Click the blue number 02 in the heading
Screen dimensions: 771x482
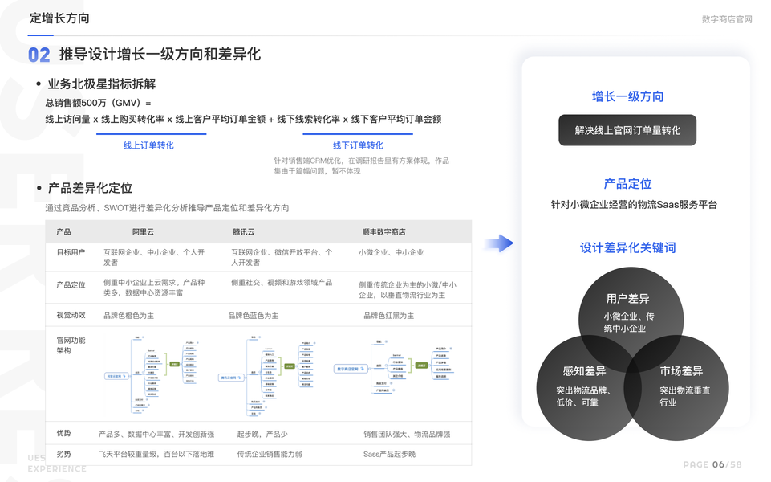39,55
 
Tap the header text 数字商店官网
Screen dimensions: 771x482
727,19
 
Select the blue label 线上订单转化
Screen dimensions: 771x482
148,145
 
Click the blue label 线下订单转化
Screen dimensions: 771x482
358,145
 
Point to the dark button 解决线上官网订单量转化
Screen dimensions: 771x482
627,130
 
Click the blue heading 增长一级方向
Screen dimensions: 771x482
627,96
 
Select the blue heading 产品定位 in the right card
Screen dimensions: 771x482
627,184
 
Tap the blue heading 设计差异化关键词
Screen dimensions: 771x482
627,247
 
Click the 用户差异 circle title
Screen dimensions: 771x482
628,299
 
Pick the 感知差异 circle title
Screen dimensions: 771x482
584,371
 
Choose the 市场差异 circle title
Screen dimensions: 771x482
681,371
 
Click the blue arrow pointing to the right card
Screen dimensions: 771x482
498,243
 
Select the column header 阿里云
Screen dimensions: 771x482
144,231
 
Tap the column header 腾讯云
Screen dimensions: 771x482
244,231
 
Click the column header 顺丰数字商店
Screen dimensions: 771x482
383,231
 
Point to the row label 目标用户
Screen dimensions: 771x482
71,252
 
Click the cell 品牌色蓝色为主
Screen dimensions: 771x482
254,316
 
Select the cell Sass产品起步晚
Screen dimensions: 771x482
389,454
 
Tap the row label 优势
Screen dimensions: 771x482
63,434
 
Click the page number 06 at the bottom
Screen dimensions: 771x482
718,464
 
